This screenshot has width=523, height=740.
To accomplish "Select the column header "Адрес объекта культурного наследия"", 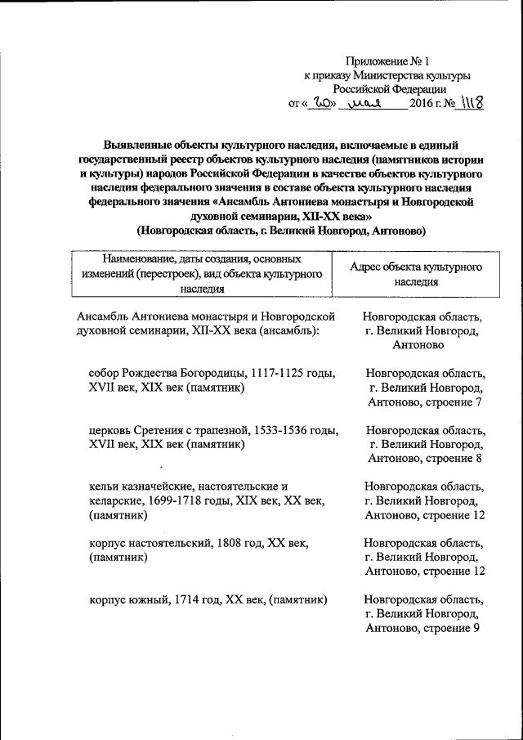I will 415,274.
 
